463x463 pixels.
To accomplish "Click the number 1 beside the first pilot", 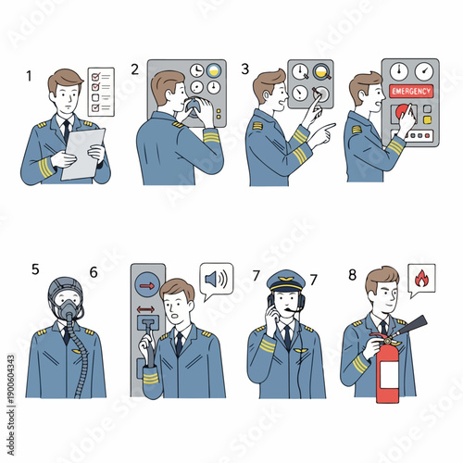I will click(x=29, y=76).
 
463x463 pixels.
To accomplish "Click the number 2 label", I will click(x=135, y=69).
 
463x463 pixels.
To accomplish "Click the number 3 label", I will click(x=245, y=69).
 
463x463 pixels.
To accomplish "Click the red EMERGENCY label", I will click(x=410, y=92).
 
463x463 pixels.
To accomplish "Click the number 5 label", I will click(x=35, y=270).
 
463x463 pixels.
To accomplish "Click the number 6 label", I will click(x=94, y=272).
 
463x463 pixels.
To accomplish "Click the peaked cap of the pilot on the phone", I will click(x=285, y=279).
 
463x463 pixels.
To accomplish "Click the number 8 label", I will click(x=352, y=274).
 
